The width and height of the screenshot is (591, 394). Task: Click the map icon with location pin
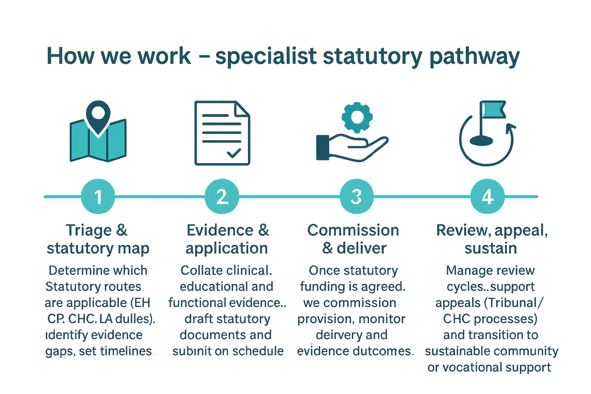pos(98,133)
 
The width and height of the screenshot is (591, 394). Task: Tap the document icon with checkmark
pos(222,133)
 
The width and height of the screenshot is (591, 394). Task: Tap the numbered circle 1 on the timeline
pos(98,197)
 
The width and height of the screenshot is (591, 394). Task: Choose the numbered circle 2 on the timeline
pos(222,197)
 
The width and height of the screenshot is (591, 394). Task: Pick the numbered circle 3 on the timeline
pos(356,197)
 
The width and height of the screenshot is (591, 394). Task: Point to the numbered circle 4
pos(487,197)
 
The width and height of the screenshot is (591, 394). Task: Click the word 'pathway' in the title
pos(474,57)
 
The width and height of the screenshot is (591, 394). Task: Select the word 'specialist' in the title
pos(266,57)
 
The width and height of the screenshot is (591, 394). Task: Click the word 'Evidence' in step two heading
pos(220,230)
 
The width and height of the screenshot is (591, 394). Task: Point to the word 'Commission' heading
pos(353,230)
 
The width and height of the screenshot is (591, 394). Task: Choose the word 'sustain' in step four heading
pos(491,248)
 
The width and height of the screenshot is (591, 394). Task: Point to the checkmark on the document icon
pos(234,153)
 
